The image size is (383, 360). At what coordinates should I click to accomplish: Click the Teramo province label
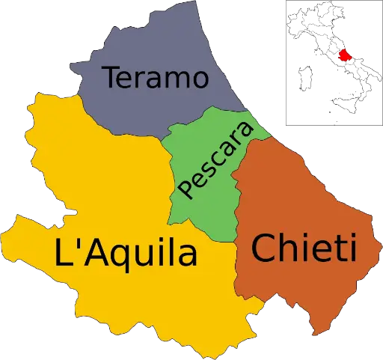tap(155, 77)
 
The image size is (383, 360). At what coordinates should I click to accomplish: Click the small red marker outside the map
tap(343, 55)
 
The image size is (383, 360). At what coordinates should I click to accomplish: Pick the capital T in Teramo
tap(112, 77)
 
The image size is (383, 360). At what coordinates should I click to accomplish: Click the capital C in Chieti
tap(264, 248)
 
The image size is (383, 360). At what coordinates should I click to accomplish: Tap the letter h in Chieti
tap(287, 247)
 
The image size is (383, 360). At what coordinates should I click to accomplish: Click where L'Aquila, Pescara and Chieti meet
tap(236, 240)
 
